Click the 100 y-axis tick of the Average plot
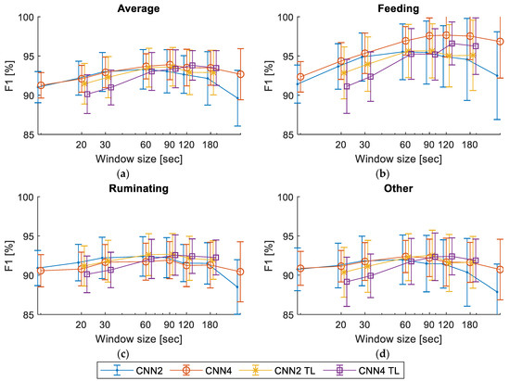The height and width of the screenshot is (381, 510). [x=25, y=18]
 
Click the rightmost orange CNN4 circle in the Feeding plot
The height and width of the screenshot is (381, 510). [x=501, y=42]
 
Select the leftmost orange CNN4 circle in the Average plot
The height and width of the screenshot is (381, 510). [x=40, y=85]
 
